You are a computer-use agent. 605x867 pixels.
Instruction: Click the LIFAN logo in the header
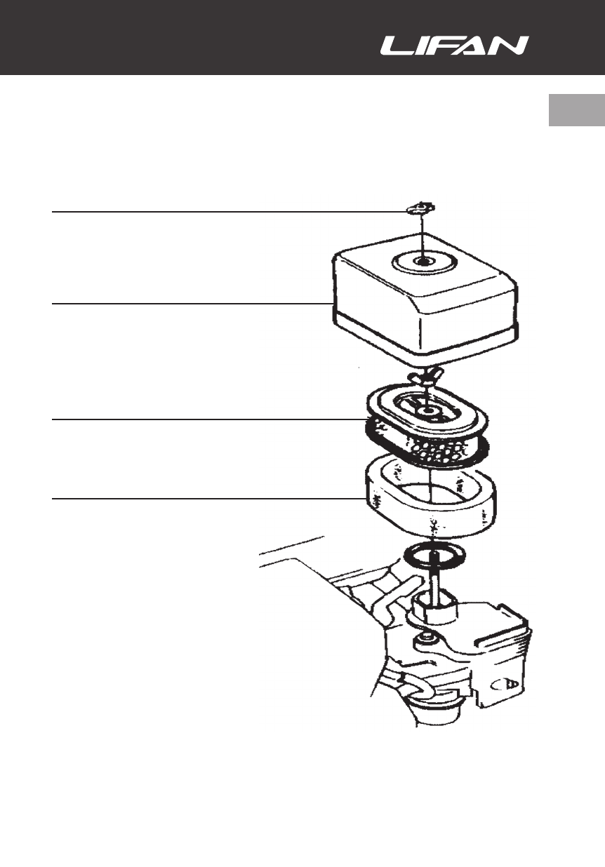pyautogui.click(x=454, y=46)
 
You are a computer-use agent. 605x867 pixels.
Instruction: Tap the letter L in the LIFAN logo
pyautogui.click(x=394, y=46)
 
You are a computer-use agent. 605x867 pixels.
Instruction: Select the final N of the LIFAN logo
pyautogui.click(x=512, y=46)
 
